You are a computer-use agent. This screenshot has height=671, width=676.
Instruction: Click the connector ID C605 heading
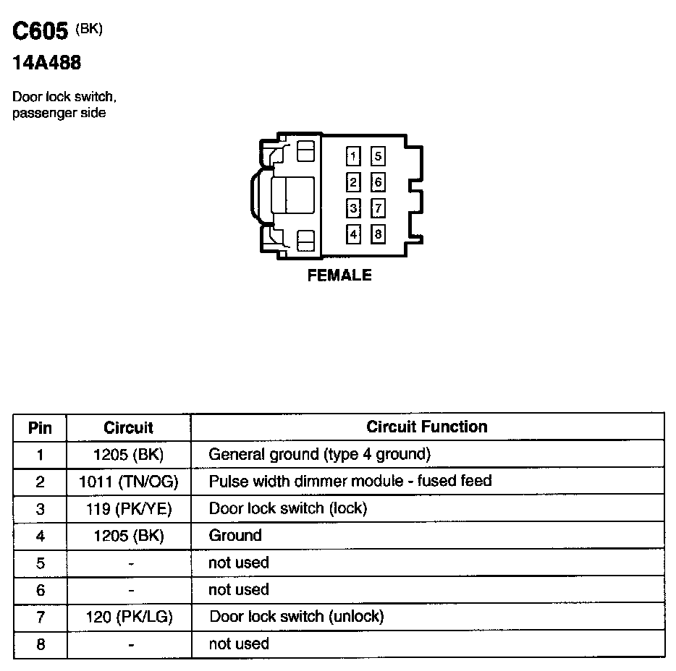(x=41, y=31)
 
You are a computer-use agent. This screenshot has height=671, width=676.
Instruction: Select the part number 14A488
(x=46, y=64)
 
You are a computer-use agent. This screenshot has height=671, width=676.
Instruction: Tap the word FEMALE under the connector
(x=339, y=275)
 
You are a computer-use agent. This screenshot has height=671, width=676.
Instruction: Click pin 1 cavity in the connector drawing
(x=353, y=156)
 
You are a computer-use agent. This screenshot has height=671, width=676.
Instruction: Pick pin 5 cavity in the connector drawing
(x=378, y=156)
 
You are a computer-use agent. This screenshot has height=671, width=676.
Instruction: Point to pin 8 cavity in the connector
(x=378, y=234)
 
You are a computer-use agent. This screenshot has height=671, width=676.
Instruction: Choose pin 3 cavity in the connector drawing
(x=353, y=209)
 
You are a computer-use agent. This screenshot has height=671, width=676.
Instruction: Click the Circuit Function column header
(x=427, y=427)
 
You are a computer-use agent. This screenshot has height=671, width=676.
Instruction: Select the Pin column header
(x=40, y=427)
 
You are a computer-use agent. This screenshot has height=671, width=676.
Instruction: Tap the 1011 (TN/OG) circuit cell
(x=129, y=482)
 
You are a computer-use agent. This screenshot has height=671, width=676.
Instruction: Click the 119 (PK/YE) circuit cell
(x=129, y=509)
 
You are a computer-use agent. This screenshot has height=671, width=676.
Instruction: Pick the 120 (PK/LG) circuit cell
(x=129, y=617)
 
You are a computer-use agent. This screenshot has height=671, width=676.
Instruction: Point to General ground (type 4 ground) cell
(x=319, y=455)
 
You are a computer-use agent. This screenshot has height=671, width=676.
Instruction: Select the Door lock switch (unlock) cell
(x=296, y=617)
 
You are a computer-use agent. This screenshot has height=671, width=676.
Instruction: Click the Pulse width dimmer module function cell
(x=350, y=481)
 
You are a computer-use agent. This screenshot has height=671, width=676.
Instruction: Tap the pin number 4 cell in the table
(x=40, y=537)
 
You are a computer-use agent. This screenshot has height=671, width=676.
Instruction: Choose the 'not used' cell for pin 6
(x=238, y=590)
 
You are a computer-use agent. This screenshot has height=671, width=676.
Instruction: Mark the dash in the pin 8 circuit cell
(x=130, y=644)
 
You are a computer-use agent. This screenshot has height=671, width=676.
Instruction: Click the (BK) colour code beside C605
(x=89, y=29)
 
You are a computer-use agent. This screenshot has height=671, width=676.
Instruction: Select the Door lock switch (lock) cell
(x=288, y=508)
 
